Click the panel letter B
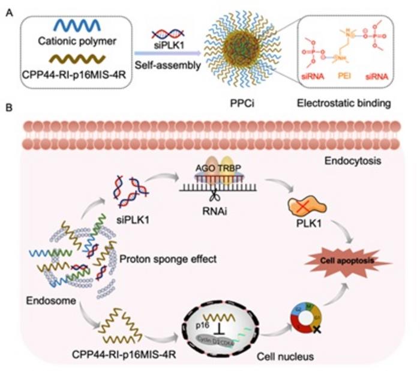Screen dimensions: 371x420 tap(8, 109)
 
